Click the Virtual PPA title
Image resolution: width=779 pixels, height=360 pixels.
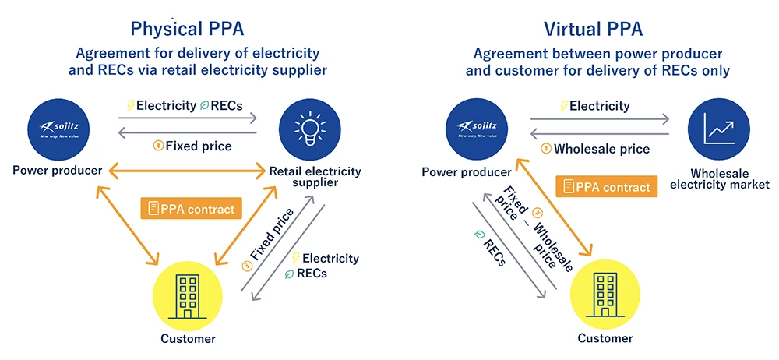click(x=593, y=29)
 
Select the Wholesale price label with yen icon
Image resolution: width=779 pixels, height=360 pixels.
click(x=594, y=149)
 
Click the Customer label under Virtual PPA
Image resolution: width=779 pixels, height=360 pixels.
click(x=605, y=338)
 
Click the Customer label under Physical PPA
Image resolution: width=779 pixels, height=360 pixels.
click(x=187, y=338)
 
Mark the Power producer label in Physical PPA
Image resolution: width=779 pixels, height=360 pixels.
click(x=57, y=169)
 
